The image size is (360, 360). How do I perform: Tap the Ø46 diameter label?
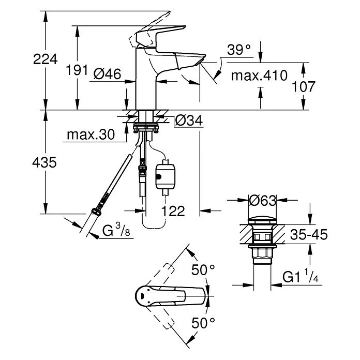(x=108, y=75)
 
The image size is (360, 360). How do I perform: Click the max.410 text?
(x=259, y=76)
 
